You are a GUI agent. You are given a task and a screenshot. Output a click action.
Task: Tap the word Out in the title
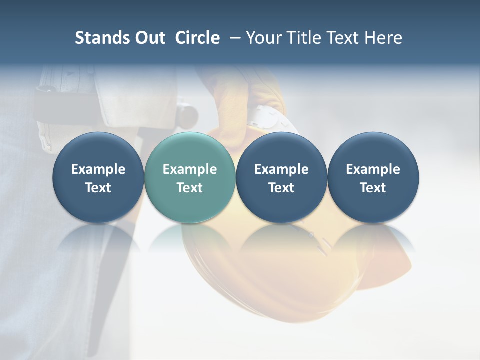148,38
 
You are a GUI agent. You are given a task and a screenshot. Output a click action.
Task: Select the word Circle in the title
197,38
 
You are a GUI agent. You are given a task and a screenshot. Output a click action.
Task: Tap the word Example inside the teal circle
190,169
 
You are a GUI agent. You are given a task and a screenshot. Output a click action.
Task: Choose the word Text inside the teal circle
190,188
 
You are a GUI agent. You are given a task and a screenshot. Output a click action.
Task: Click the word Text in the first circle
98,188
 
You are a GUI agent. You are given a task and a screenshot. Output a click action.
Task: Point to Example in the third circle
281,169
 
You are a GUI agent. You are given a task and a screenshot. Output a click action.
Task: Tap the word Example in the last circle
373,169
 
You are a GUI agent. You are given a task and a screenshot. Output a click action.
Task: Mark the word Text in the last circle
373,188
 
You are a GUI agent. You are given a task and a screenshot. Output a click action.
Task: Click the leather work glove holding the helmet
240,100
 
